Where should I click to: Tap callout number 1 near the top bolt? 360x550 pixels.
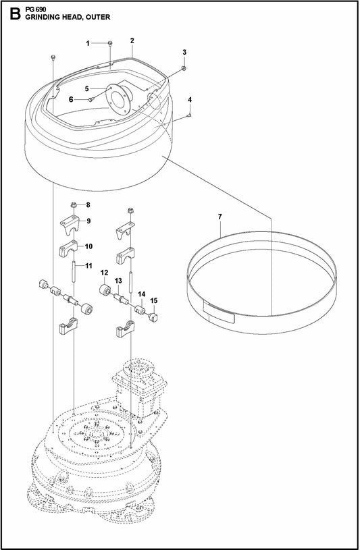tap(88, 43)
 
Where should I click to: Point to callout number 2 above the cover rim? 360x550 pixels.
tap(132, 41)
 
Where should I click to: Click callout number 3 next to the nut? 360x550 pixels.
tap(184, 52)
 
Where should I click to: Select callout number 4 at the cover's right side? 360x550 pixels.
tap(190, 100)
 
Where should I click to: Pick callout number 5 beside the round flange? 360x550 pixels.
tap(87, 88)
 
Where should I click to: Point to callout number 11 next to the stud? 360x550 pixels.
tap(88, 267)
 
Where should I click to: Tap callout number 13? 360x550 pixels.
tap(118, 280)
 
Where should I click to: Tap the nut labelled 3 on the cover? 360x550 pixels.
tap(184, 68)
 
